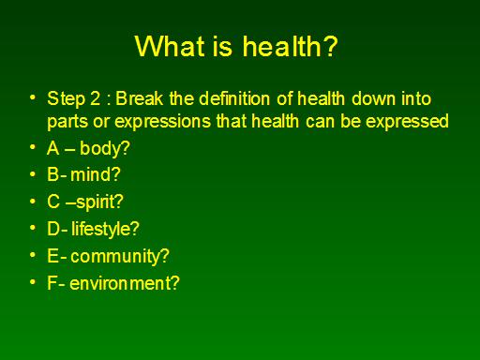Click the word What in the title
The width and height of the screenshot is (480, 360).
click(171, 46)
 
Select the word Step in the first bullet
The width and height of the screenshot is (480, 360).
click(67, 99)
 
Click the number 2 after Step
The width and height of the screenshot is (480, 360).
click(96, 98)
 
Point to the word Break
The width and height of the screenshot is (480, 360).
click(140, 98)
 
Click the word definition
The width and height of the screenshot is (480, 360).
click(234, 98)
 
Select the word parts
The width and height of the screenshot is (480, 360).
click(67, 122)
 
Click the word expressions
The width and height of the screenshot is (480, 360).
click(163, 122)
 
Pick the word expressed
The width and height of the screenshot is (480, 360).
click(407, 122)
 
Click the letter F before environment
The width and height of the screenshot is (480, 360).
click(52, 283)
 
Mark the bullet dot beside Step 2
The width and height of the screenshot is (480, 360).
click(33, 97)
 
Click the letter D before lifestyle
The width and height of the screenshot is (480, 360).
click(53, 229)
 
